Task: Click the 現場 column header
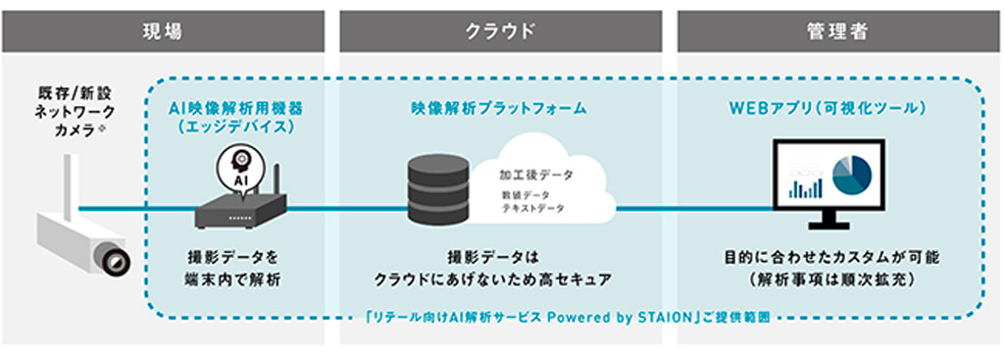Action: [x=164, y=30]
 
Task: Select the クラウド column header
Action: [x=501, y=30]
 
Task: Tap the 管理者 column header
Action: [x=838, y=30]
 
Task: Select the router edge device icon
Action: [x=242, y=207]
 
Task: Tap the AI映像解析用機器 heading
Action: [x=238, y=108]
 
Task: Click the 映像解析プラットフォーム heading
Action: [x=499, y=108]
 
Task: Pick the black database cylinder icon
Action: [x=438, y=187]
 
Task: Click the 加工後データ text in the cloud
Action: [x=536, y=175]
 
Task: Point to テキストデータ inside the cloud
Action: [x=532, y=209]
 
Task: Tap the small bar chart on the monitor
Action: [x=806, y=187]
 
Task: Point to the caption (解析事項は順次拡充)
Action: [x=830, y=281]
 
